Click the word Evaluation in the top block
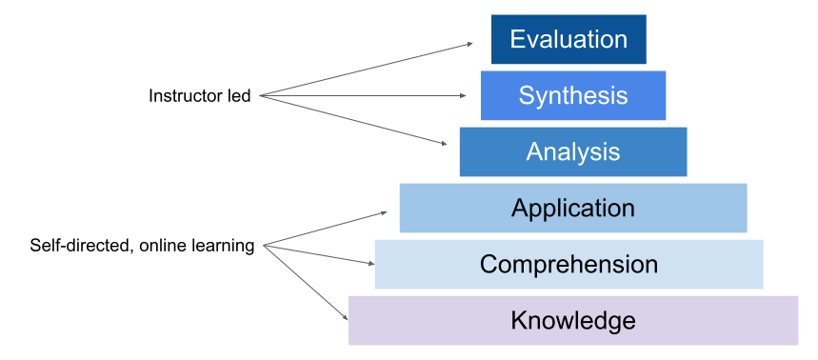coord(569,39)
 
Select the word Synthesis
coord(572,95)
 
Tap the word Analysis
coord(572,151)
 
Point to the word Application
coord(572,208)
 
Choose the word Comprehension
coord(569,264)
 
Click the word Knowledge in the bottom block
coord(572,320)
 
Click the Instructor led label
coord(199,96)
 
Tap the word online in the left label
coord(163,246)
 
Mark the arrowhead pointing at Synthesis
coord(462,95)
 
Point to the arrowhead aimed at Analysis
coord(444,144)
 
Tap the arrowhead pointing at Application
coord(383,212)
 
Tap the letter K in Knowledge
coord(519,320)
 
